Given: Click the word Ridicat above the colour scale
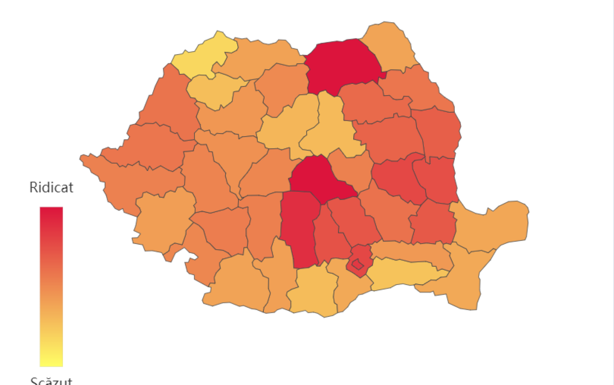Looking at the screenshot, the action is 51,187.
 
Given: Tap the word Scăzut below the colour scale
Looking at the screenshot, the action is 51,380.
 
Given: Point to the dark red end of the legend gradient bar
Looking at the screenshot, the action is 51,214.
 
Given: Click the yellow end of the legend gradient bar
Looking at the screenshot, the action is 51,360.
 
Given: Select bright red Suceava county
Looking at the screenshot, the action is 342,65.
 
